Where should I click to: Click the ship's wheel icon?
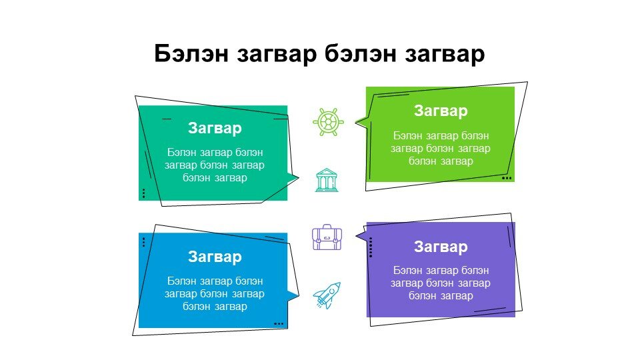click(x=328, y=121)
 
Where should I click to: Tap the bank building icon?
click(x=327, y=180)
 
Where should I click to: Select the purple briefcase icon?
click(x=327, y=237)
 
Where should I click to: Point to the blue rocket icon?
click(x=327, y=295)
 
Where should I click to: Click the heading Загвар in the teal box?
click(x=215, y=128)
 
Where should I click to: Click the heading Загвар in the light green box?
click(x=441, y=111)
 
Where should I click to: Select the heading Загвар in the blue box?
click(x=215, y=257)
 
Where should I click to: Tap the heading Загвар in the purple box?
click(x=441, y=247)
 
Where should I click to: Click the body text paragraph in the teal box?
click(x=215, y=165)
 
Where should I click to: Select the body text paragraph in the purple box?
click(x=441, y=283)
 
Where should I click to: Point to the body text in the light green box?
click(x=441, y=148)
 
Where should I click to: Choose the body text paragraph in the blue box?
click(x=215, y=293)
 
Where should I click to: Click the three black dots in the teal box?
click(x=144, y=193)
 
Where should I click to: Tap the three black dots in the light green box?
click(x=507, y=178)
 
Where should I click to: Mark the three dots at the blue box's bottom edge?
click(x=279, y=324)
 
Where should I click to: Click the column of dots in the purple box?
click(x=371, y=247)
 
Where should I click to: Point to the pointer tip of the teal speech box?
click(x=299, y=177)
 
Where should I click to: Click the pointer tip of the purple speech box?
click(x=355, y=235)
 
